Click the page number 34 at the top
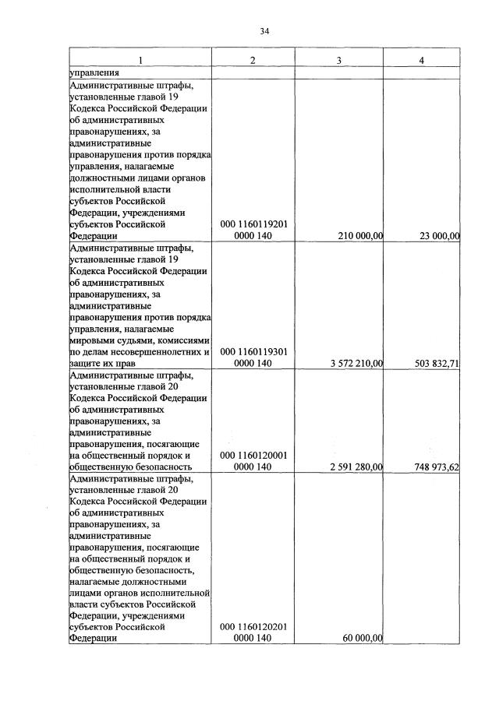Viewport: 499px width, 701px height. click(264, 31)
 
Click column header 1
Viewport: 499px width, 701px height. click(140, 62)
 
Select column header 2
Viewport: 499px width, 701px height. click(253, 62)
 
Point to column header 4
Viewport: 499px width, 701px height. click(422, 62)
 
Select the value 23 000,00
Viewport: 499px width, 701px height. click(439, 236)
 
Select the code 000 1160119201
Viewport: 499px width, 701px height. click(253, 224)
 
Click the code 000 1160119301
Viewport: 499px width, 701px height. click(253, 351)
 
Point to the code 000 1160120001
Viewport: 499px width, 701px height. click(253, 455)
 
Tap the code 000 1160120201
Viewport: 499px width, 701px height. click(253, 626)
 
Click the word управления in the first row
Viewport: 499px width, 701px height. click(94, 73)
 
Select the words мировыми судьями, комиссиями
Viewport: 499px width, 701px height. click(140, 340)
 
